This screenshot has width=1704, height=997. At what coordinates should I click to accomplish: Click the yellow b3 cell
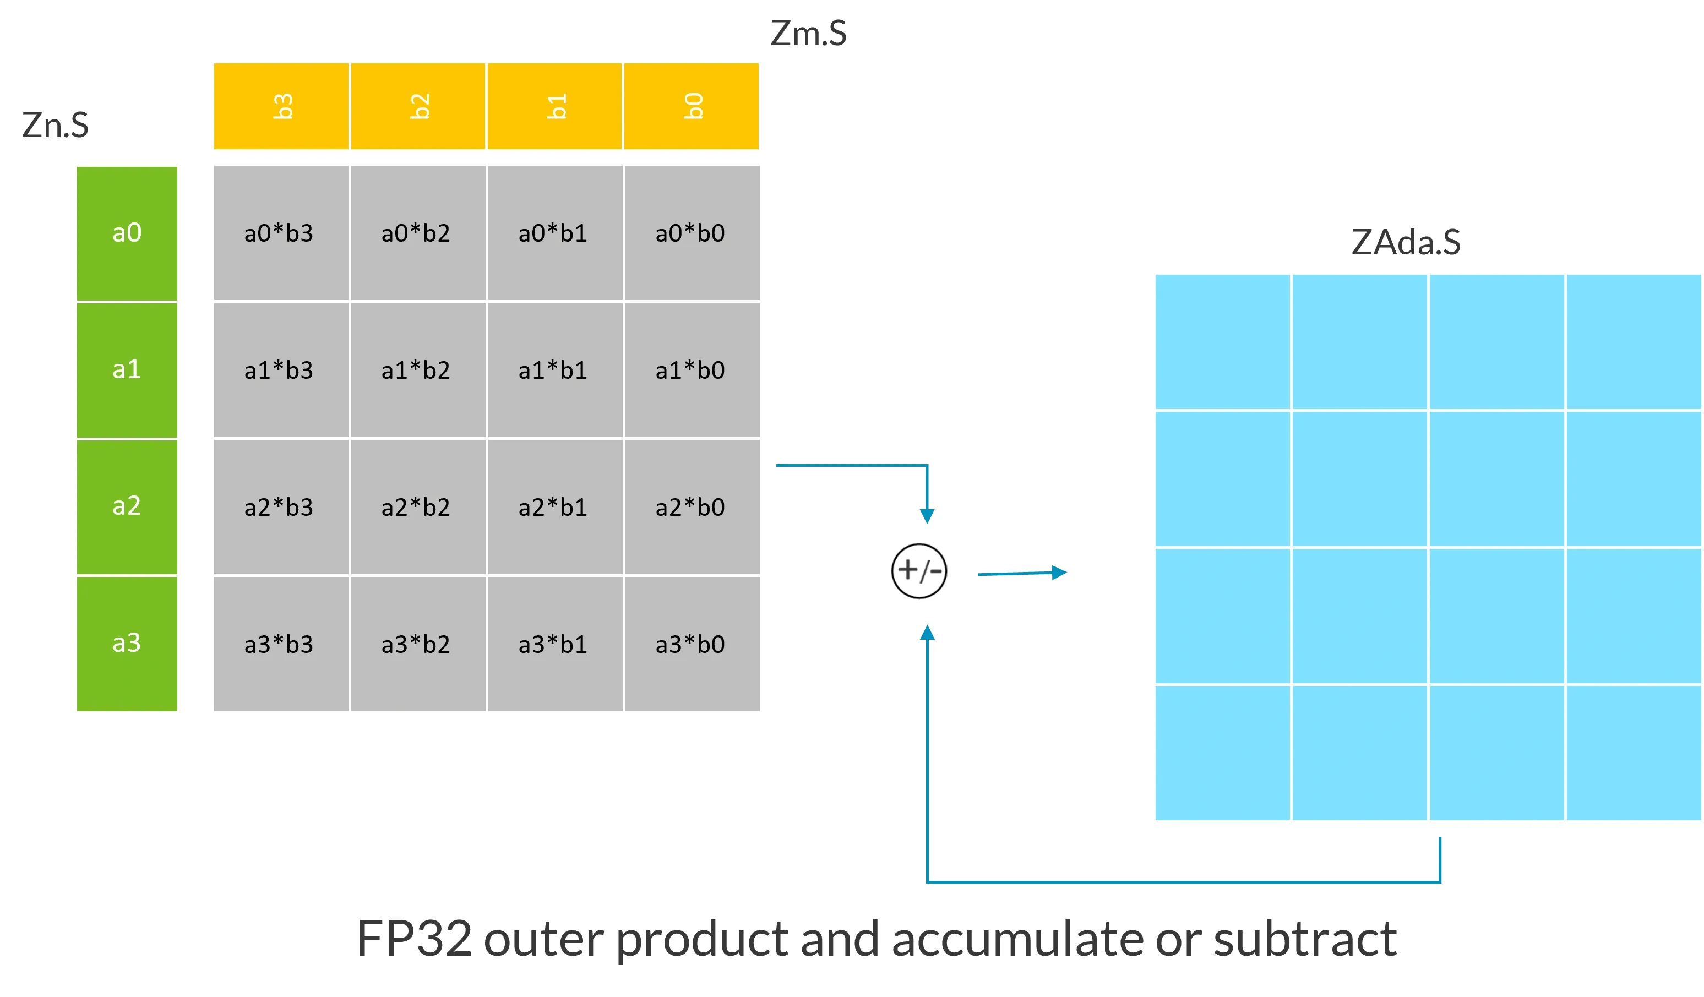click(281, 106)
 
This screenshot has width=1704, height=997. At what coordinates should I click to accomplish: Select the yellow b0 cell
click(691, 106)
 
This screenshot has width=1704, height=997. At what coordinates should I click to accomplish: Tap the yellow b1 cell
click(554, 106)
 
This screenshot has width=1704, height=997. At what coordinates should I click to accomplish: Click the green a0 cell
click(127, 233)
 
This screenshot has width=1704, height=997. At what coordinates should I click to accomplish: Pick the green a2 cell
click(127, 506)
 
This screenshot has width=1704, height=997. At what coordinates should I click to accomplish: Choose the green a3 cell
click(127, 644)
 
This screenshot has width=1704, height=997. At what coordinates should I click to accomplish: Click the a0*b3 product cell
click(280, 233)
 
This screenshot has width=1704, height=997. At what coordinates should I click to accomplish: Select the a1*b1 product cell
click(554, 371)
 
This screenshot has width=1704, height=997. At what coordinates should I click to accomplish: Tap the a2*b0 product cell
click(691, 507)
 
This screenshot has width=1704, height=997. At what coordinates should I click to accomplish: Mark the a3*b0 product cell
click(691, 644)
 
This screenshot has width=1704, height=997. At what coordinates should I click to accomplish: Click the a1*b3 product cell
click(280, 371)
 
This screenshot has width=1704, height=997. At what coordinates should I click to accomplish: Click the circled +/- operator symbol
click(919, 571)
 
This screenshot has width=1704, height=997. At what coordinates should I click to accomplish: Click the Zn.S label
click(56, 125)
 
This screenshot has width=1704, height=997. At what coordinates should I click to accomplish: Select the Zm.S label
click(808, 33)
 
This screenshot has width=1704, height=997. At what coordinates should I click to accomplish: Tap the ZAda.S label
click(1406, 242)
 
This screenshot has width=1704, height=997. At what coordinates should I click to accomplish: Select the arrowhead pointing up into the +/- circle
click(927, 633)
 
